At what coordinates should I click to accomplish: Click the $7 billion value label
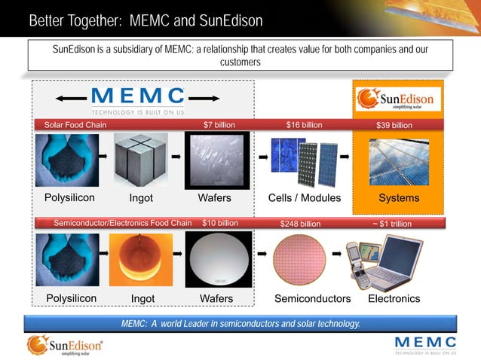click(219, 125)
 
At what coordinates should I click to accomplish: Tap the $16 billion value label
click(304, 125)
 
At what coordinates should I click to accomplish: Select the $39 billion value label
click(394, 125)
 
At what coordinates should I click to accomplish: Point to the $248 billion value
click(300, 224)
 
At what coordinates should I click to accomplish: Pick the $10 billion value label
click(220, 223)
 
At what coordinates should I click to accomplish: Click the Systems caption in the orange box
click(399, 198)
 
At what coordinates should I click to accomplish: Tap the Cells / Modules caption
click(305, 198)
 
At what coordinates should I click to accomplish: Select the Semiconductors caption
click(312, 299)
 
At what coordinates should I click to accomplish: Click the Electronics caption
click(394, 299)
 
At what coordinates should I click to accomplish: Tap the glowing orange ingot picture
click(141, 259)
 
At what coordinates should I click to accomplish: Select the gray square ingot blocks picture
click(141, 159)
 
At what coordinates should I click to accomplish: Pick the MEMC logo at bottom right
click(425, 345)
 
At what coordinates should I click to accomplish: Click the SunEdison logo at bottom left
click(65, 346)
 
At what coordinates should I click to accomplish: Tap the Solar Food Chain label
click(75, 125)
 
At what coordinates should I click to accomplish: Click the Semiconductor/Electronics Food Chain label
click(123, 223)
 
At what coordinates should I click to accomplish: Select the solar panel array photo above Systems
click(398, 161)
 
